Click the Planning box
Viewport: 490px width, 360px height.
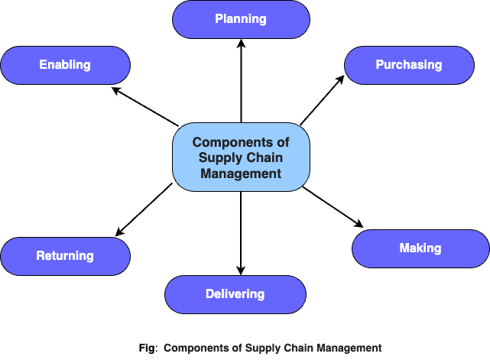[241, 19]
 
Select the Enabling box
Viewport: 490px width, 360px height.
[65, 65]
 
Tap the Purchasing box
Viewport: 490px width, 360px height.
[408, 65]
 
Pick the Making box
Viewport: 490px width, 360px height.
[420, 248]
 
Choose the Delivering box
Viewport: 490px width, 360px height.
[235, 294]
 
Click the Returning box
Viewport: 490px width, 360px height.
[65, 256]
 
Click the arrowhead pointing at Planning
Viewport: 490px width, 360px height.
[241, 44]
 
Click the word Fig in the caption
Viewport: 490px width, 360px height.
[146, 348]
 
